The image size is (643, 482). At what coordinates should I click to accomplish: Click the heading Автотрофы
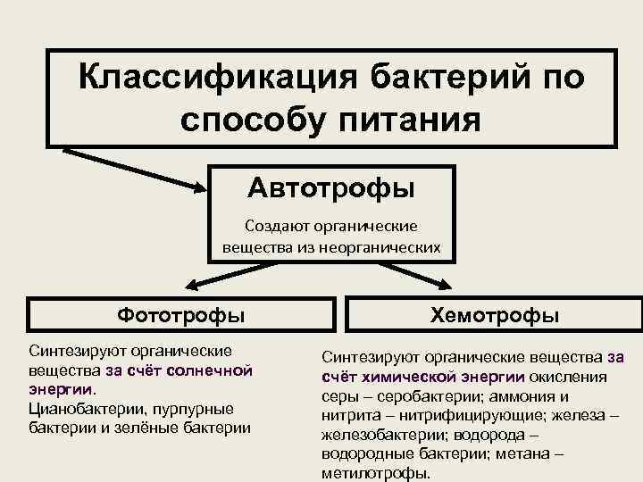[330, 187]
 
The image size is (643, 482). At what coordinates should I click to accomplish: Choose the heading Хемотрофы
[495, 315]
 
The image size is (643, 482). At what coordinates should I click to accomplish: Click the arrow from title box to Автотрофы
[134, 169]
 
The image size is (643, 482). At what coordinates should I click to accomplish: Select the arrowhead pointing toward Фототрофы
[193, 286]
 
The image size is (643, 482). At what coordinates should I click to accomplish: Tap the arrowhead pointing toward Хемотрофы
[441, 283]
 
